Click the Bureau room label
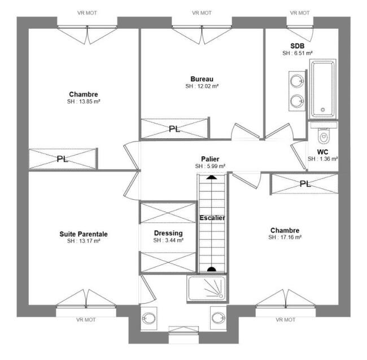[x=202, y=79]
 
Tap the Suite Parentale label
[x=84, y=234]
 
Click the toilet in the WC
[x=324, y=135]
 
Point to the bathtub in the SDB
[x=323, y=89]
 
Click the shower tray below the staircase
[x=207, y=289]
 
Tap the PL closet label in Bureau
[x=174, y=129]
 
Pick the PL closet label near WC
[x=305, y=184]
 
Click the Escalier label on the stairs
[x=212, y=218]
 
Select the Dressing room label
[x=168, y=233]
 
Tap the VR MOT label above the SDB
[x=300, y=13]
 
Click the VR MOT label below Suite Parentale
[x=86, y=319]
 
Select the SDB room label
[x=298, y=46]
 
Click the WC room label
[x=322, y=152]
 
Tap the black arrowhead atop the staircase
[x=212, y=177]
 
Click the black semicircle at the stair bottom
[x=212, y=269]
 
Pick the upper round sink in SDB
[x=297, y=81]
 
